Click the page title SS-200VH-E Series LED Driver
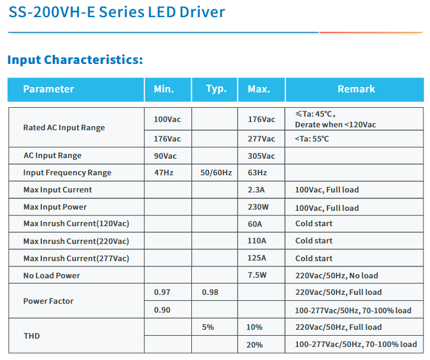click(x=117, y=12)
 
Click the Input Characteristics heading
click(x=75, y=60)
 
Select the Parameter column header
click(x=49, y=89)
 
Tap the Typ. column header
click(x=216, y=89)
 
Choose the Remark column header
click(x=356, y=89)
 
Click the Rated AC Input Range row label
click(x=64, y=127)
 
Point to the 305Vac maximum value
click(x=261, y=156)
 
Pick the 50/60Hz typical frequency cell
click(x=216, y=173)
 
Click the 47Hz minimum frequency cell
click(x=163, y=173)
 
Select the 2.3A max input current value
click(x=256, y=190)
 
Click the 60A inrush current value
click(x=256, y=224)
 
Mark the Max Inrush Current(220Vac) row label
click(x=76, y=241)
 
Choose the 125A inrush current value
click(x=257, y=258)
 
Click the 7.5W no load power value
click(x=258, y=275)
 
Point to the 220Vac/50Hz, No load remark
click(x=336, y=275)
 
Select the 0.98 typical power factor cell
click(x=210, y=292)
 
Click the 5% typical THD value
click(x=208, y=327)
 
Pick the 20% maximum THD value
click(x=255, y=345)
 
